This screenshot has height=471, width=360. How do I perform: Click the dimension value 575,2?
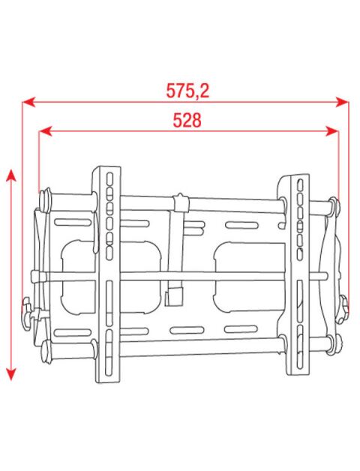pos(187,90)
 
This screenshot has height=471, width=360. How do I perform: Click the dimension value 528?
pos(187,120)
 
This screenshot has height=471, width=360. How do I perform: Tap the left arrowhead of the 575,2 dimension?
pos(28,102)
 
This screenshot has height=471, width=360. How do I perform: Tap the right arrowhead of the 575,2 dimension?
pos(342,102)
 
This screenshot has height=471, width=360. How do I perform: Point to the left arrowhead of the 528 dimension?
pos(46,131)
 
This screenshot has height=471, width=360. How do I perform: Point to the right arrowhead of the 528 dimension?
pos(332,131)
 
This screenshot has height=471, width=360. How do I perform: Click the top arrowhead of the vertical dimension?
pos(10,175)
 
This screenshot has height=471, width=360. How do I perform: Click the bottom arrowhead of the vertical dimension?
pos(10,374)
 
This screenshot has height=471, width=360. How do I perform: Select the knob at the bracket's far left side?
pos(27,313)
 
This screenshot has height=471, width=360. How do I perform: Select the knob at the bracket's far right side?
pos(343,309)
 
